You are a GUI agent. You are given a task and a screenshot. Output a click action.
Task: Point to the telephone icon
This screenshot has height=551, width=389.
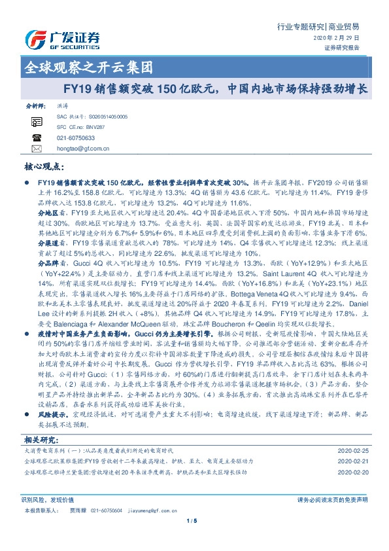[x=36, y=138]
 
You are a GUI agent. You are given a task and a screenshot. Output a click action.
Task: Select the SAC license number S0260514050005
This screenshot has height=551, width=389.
[x=103, y=116]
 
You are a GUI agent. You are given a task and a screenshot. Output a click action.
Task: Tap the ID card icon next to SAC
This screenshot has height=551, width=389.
[x=36, y=120]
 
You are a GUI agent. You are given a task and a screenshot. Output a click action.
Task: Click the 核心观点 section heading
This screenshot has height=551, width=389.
[x=46, y=169]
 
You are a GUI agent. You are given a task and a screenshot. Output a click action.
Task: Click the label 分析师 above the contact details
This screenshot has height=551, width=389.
[x=35, y=105]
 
